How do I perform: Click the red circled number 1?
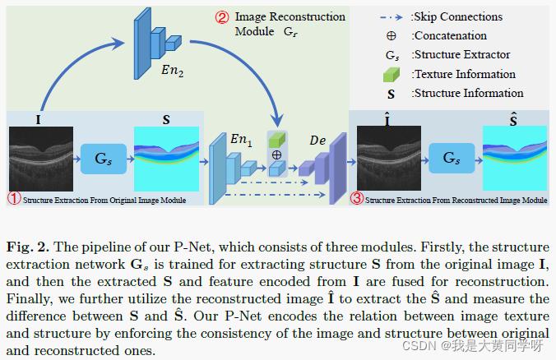[14, 198]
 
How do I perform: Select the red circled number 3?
[356, 198]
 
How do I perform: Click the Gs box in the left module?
[103, 158]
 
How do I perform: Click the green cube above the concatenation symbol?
[277, 138]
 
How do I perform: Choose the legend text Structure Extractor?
[461, 55]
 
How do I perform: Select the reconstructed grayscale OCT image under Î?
[387, 158]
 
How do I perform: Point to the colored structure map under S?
[167, 158]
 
